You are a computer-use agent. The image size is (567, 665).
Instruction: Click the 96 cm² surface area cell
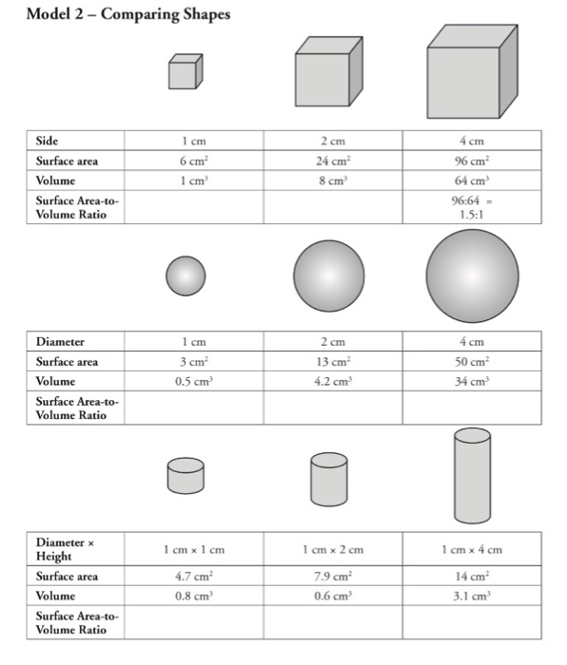[472, 161]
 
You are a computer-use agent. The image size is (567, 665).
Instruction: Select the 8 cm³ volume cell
[329, 180]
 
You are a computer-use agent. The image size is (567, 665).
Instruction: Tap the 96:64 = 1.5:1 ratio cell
[472, 207]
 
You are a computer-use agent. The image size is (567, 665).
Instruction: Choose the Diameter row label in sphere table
[60, 341]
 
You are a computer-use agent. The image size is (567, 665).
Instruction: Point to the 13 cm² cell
[329, 361]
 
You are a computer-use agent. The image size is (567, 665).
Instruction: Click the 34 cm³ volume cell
[472, 381]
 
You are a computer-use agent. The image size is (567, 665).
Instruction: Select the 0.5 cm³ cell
[186, 381]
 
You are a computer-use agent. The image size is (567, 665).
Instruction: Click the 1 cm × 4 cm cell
[472, 549]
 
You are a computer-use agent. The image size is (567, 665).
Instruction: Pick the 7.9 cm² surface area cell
[329, 577]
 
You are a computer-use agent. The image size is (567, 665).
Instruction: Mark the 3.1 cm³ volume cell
[472, 597]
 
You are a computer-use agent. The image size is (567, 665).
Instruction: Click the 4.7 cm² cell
[186, 577]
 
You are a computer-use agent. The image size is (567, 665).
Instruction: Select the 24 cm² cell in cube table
[329, 161]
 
